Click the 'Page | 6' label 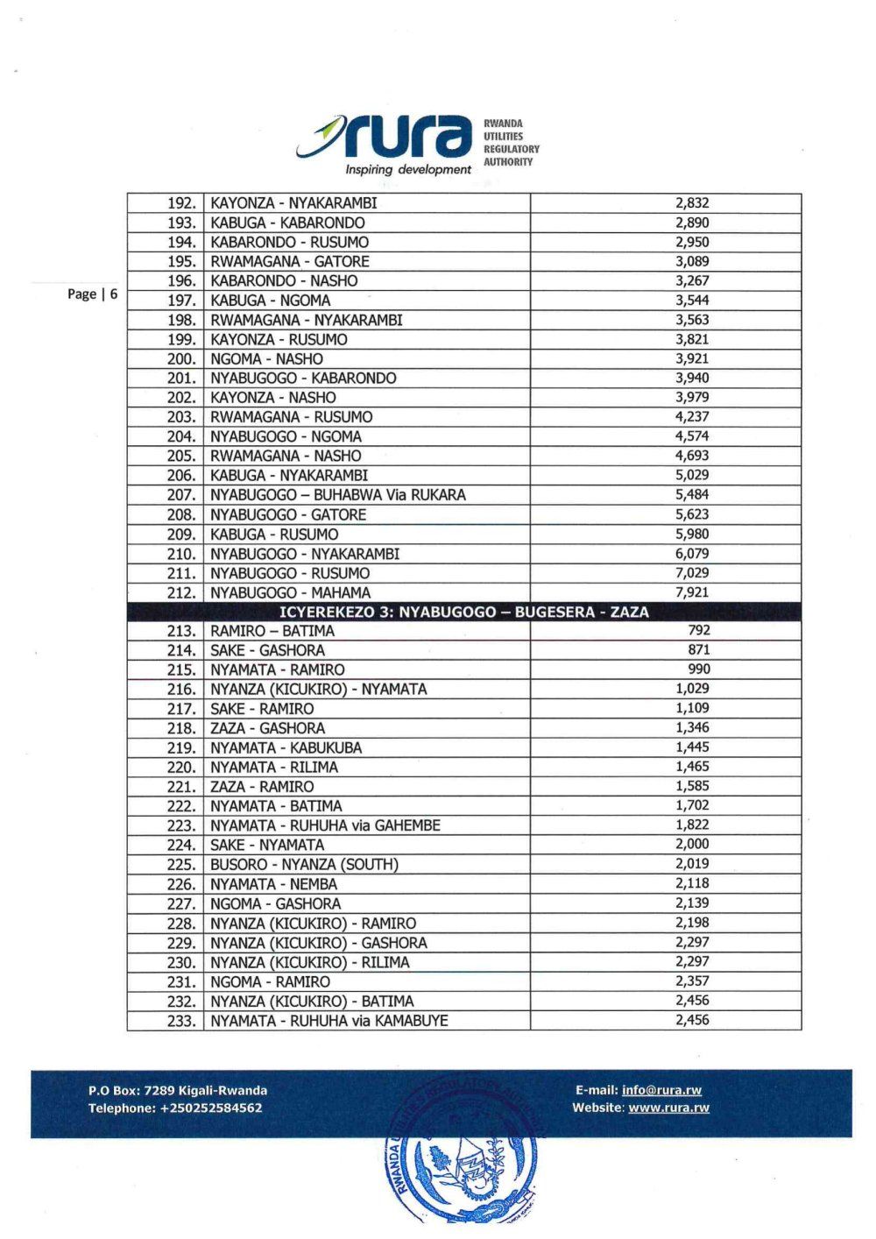[x=92, y=294]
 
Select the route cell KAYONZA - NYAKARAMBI [x=293, y=203]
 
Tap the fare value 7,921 [x=692, y=592]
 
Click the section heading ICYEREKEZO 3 [x=463, y=612]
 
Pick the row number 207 [x=181, y=495]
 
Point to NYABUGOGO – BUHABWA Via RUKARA [x=337, y=495]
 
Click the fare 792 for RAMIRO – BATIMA [x=699, y=630]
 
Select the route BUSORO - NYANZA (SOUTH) [x=304, y=865]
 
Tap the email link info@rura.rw [x=661, y=1090]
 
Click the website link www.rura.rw [x=668, y=1108]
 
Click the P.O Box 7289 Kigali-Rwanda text [x=178, y=1090]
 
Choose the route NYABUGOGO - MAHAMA [x=290, y=593]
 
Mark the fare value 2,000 [x=692, y=844]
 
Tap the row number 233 [x=181, y=1021]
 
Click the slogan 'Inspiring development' [x=407, y=169]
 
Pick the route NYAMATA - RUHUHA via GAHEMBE [x=325, y=825]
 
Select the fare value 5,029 [x=692, y=475]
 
